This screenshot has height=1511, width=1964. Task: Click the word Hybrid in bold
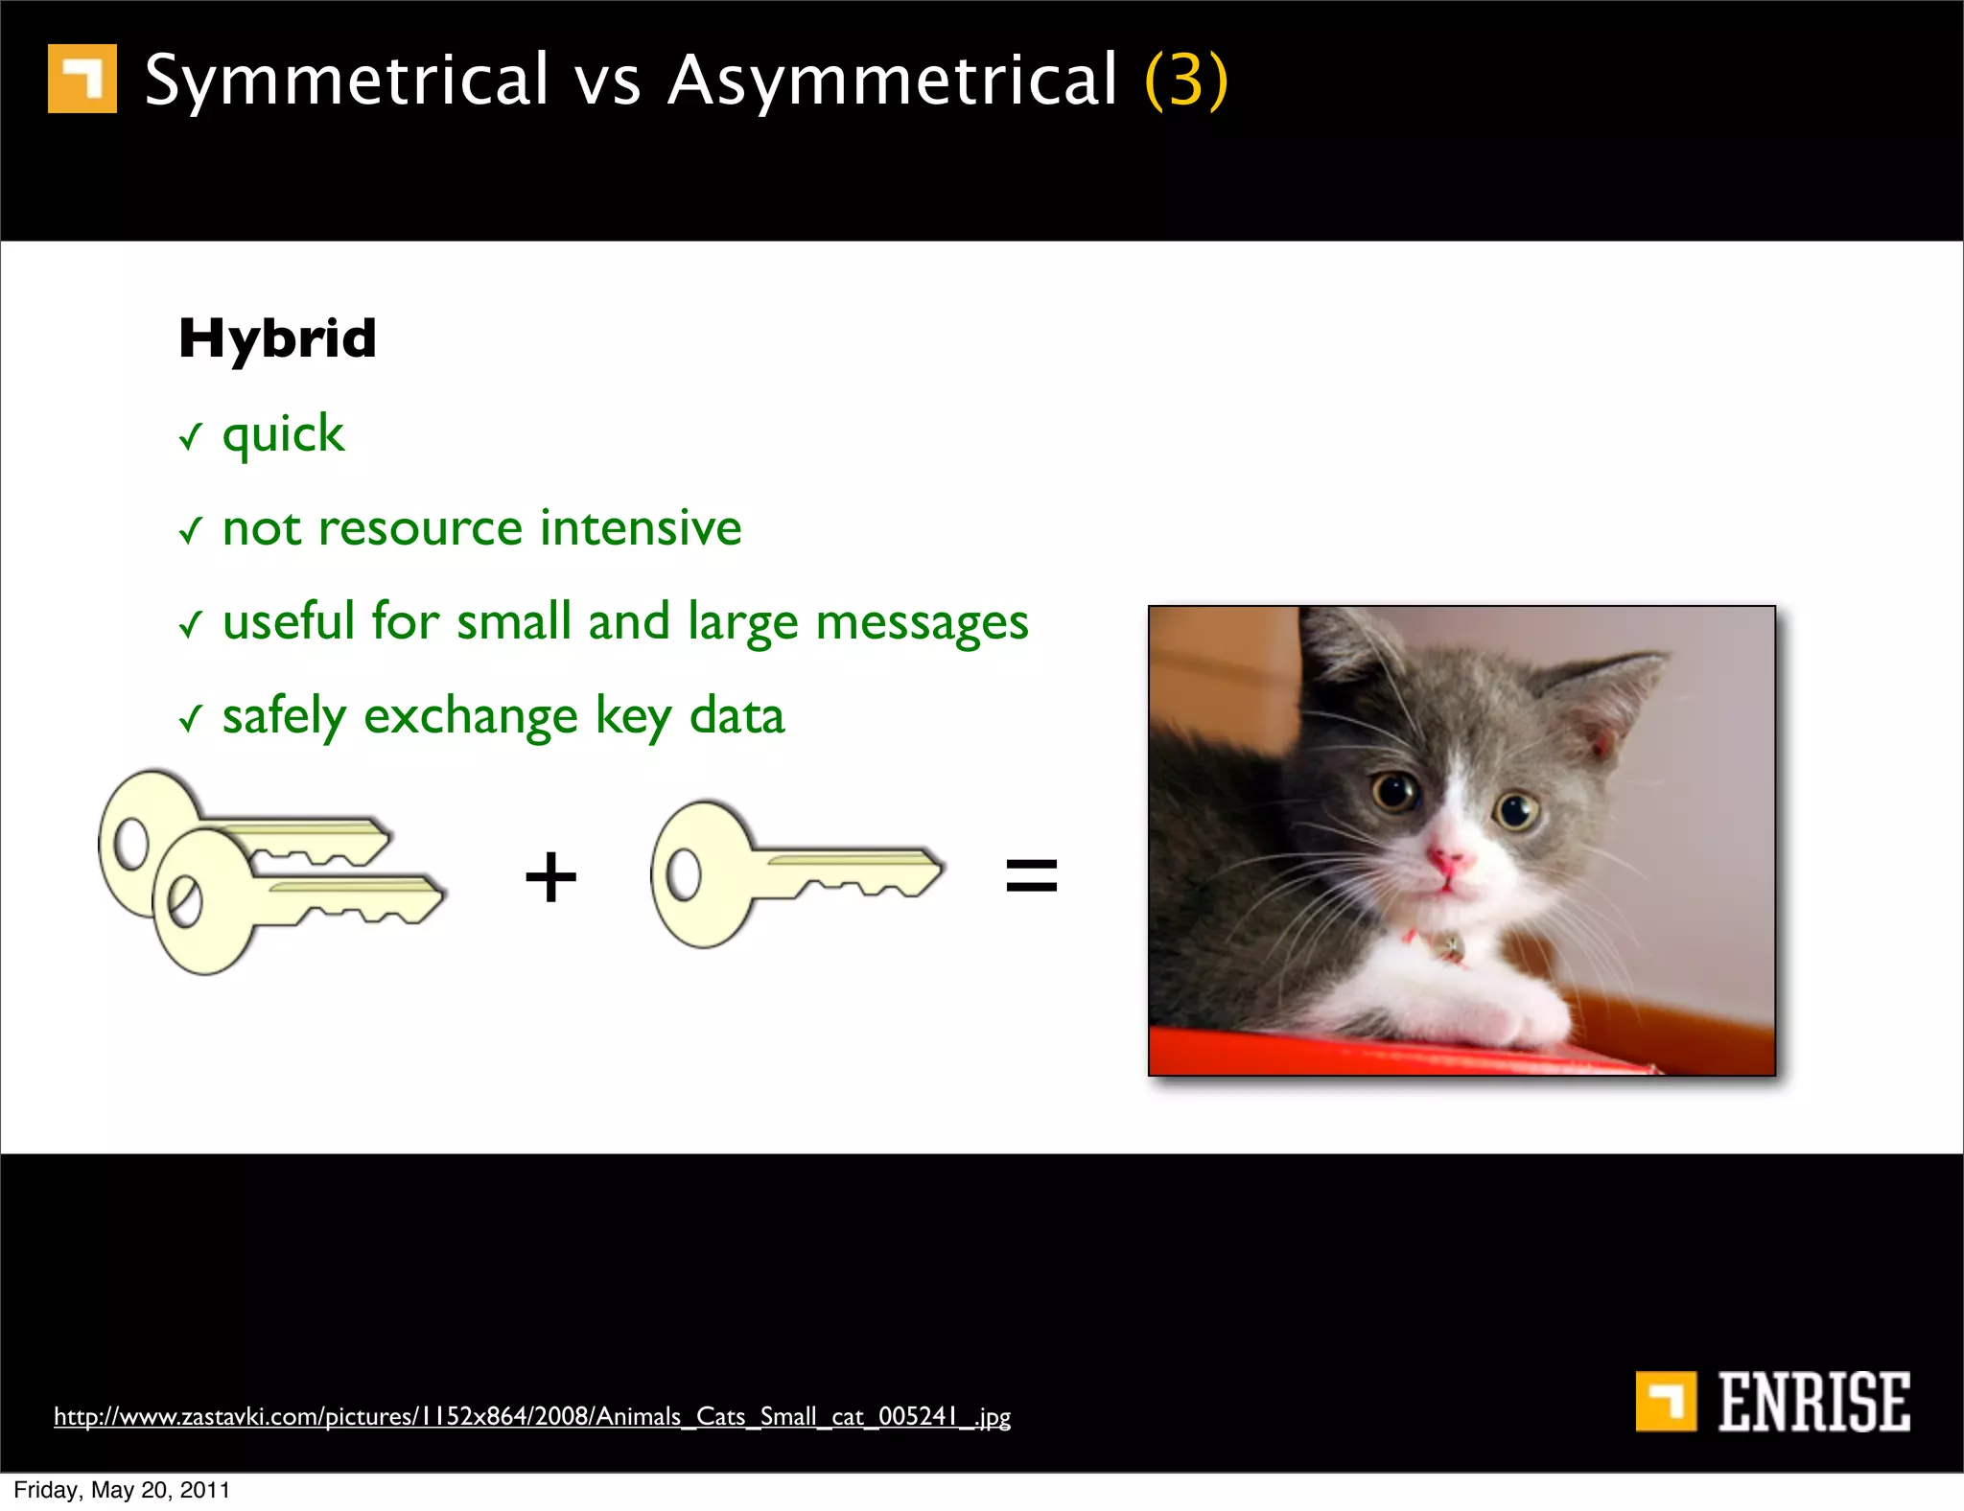click(277, 339)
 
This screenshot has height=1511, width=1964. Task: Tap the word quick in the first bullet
click(283, 435)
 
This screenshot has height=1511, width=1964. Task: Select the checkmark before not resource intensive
click(191, 529)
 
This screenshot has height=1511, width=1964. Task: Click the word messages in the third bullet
click(922, 622)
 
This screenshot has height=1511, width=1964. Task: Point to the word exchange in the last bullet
click(470, 717)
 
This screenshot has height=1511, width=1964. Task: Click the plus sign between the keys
click(550, 876)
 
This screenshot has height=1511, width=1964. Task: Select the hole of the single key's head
click(684, 874)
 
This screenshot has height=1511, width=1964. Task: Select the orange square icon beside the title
click(82, 79)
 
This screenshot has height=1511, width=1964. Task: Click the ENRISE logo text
click(1812, 1402)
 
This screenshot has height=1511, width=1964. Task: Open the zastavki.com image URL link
click(532, 1416)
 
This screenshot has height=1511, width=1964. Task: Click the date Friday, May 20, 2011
click(122, 1490)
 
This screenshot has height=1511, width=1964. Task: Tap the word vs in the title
click(607, 81)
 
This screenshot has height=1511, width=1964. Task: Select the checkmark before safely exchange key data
click(191, 717)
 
